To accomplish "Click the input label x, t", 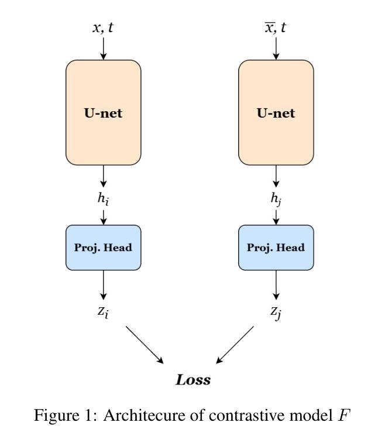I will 104,28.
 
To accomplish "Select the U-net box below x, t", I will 104,112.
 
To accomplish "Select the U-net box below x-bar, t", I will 276,112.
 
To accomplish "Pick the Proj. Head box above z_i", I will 104,248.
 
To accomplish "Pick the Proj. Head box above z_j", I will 276,248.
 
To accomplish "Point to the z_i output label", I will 104,312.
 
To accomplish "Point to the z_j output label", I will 276,312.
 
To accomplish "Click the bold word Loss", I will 193,380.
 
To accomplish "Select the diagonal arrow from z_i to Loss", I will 145,345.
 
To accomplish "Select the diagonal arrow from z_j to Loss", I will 235,345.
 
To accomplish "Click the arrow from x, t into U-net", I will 104,48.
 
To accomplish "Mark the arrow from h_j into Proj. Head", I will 276,215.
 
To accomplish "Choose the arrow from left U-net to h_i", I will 104,176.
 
